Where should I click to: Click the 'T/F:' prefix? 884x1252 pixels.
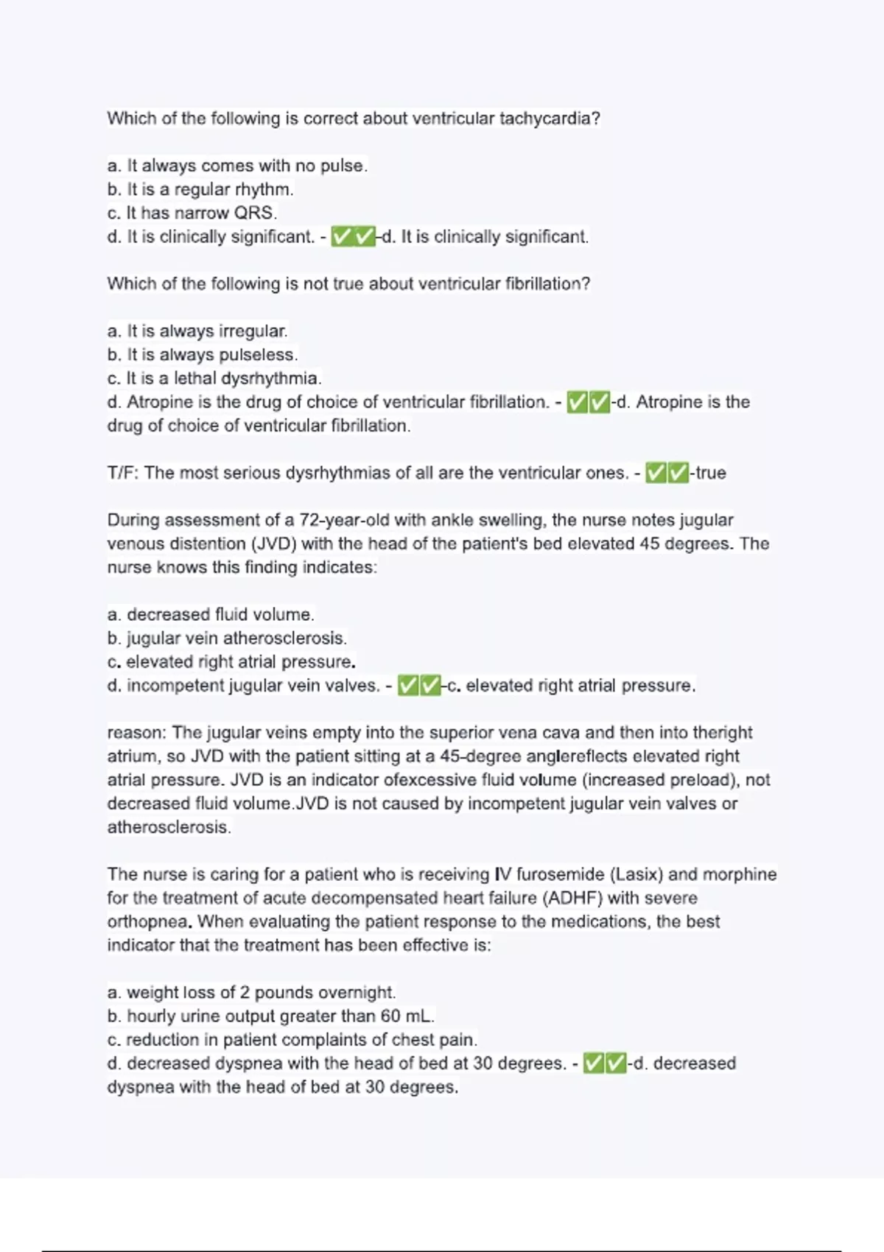(x=123, y=473)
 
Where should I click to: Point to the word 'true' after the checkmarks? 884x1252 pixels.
(x=710, y=473)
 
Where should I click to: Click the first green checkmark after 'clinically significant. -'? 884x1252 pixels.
(x=342, y=237)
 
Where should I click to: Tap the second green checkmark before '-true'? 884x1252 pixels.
(x=678, y=473)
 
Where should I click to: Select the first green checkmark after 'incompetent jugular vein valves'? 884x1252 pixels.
(x=408, y=686)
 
